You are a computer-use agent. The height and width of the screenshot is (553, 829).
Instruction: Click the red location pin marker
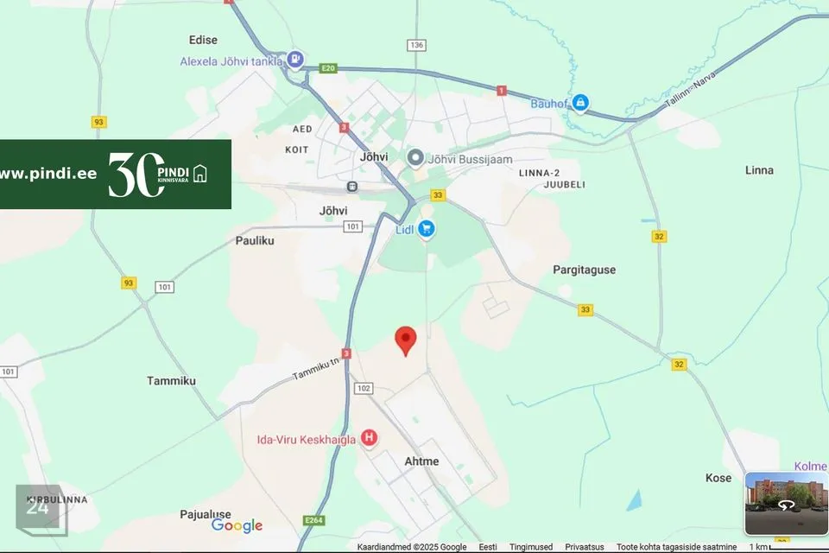tap(405, 340)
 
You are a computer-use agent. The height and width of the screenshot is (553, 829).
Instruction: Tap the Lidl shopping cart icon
tap(426, 229)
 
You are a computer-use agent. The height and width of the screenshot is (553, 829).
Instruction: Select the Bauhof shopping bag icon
tap(581, 103)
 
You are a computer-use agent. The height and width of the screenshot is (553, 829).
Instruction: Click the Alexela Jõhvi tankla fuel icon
tap(296, 60)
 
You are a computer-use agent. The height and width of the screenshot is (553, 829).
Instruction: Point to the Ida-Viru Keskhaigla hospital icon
tap(370, 439)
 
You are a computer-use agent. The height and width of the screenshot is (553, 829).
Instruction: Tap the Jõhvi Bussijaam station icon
tap(415, 158)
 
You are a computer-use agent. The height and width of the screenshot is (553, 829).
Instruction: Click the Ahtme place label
tap(421, 461)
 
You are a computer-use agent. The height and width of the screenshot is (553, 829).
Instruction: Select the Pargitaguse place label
tap(585, 270)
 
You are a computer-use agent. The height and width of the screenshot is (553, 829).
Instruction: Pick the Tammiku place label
tap(171, 381)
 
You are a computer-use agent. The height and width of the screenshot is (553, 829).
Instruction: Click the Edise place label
tap(203, 40)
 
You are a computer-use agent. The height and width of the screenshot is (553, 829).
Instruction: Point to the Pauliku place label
tap(255, 240)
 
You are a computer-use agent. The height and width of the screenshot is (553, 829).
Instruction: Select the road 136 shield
tap(417, 45)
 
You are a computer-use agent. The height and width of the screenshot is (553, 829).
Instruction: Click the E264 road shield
tap(313, 520)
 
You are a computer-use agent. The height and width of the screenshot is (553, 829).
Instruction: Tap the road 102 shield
tap(363, 389)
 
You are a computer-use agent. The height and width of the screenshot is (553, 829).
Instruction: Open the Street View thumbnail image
tap(786, 503)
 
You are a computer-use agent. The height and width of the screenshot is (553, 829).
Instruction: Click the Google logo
tap(237, 525)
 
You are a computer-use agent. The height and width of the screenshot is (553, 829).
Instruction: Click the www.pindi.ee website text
tap(48, 174)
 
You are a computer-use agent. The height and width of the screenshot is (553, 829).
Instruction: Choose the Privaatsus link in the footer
tap(585, 547)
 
